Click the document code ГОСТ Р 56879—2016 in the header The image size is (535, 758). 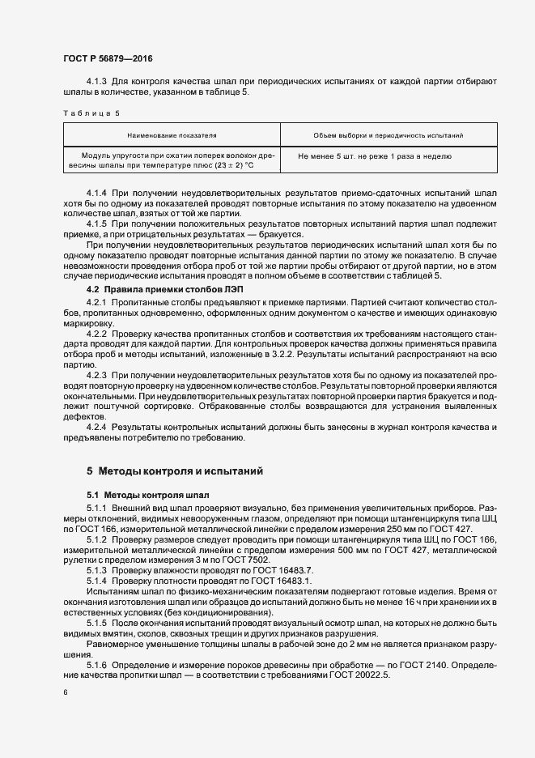coord(107,58)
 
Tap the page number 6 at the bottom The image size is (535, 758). coord(65,692)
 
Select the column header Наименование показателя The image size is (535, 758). coord(172,134)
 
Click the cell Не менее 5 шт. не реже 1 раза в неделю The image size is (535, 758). coord(375,155)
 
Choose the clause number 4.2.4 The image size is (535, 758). coord(96,426)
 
